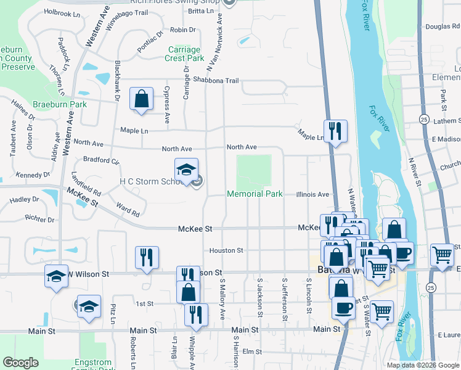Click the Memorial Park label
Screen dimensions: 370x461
tap(255, 194)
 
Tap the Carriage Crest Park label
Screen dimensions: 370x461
tap(184, 54)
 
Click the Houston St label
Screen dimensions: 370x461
tap(226, 250)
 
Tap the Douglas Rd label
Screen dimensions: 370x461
tap(443, 27)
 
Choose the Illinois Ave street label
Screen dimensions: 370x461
tap(312, 194)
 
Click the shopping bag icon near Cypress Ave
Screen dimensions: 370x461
tap(141, 99)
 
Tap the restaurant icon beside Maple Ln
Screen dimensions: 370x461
tap(335, 130)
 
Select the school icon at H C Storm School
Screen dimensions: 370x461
tap(186, 170)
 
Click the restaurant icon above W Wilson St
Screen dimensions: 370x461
tap(147, 257)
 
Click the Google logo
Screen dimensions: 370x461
tap(20, 363)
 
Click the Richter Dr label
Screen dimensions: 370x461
tap(41, 218)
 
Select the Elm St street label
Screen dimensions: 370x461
tap(252, 351)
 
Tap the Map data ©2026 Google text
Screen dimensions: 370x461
tap(423, 365)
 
